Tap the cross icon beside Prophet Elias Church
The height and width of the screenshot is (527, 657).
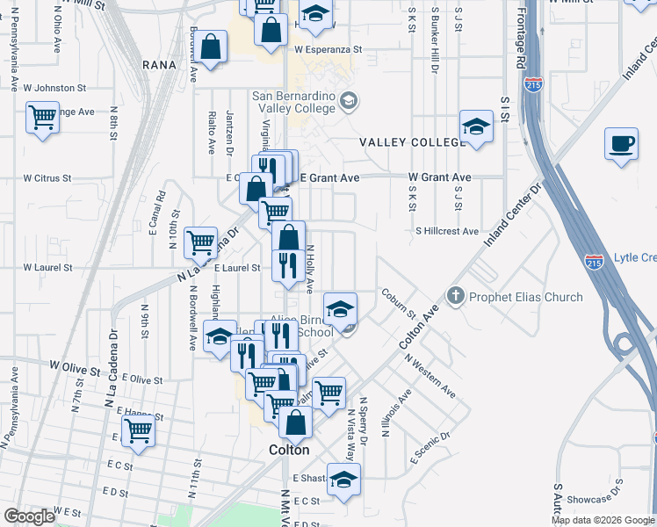point(456,296)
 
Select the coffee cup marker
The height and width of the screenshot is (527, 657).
point(622,145)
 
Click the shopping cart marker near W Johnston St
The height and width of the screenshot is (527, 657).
point(42,118)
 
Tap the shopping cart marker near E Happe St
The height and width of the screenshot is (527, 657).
point(138,431)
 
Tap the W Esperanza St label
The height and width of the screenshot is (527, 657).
point(328,50)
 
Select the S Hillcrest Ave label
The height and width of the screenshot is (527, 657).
point(447,231)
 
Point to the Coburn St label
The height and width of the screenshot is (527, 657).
point(399,302)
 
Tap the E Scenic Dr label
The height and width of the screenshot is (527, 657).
point(430,448)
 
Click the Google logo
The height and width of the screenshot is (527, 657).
point(29,516)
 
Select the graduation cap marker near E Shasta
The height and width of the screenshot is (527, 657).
point(343,480)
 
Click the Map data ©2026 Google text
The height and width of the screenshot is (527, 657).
point(602,520)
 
